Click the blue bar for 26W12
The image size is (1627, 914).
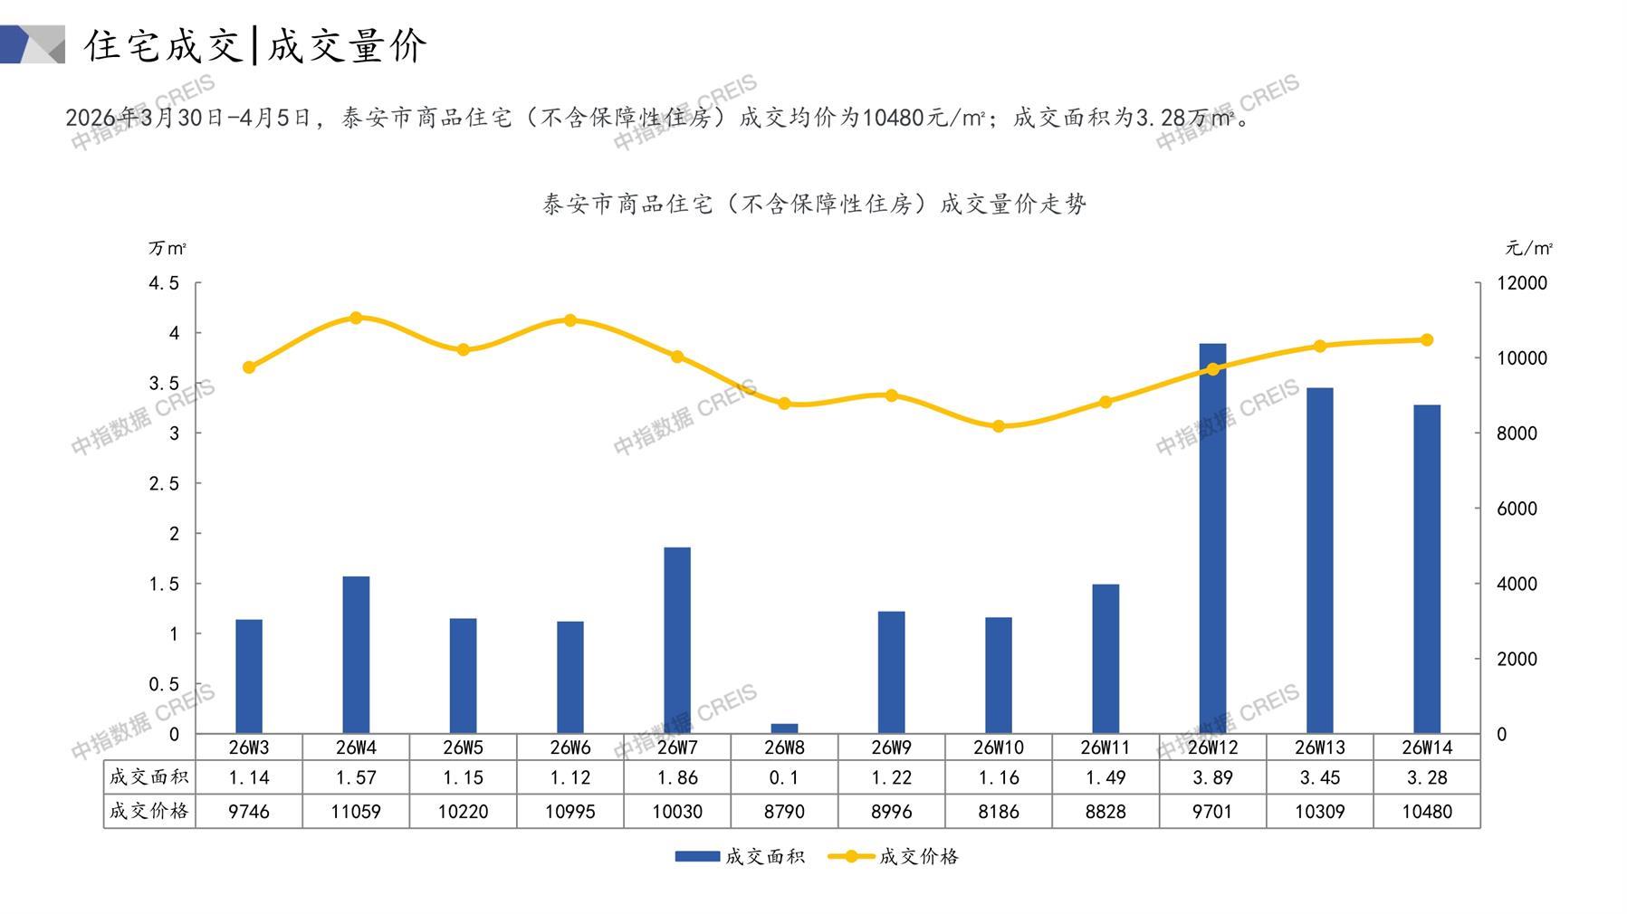point(1212,538)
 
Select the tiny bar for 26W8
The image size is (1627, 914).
point(784,728)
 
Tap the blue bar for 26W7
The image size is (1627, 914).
point(677,640)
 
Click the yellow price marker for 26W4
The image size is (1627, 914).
point(356,318)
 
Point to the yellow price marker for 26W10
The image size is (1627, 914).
point(999,426)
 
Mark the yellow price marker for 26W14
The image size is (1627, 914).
point(1427,340)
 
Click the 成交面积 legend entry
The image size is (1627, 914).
point(740,856)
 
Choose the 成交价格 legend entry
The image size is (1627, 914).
point(894,856)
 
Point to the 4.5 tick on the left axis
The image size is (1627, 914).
point(164,283)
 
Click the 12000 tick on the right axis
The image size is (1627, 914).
point(1522,283)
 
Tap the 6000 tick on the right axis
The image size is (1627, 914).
point(1517,509)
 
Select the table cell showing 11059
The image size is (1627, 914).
point(356,812)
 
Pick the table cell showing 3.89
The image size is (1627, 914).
point(1212,777)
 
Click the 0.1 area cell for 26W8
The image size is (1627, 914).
point(784,777)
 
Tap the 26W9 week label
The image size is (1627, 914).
point(891,747)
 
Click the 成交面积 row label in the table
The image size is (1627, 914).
point(149,777)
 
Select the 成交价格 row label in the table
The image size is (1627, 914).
point(149,812)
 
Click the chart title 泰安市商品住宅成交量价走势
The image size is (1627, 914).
point(814,205)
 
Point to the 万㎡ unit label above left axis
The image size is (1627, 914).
point(167,248)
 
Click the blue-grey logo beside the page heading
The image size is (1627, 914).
point(33,44)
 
